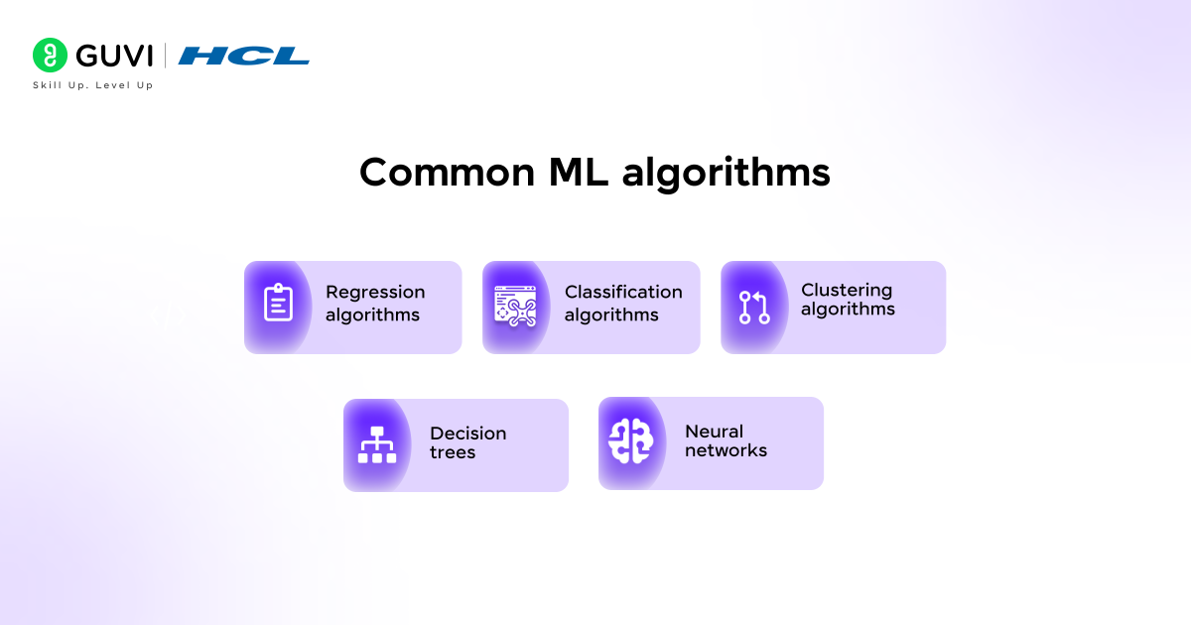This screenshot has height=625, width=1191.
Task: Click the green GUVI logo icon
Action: point(49,56)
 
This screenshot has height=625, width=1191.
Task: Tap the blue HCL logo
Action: point(243,56)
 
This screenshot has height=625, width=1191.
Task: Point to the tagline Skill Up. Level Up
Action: point(93,85)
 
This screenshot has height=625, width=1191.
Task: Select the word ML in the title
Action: point(579,173)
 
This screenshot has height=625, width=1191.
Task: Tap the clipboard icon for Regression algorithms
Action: point(278,304)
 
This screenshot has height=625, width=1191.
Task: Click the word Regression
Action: point(375,292)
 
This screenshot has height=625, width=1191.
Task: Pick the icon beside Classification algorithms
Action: point(515,306)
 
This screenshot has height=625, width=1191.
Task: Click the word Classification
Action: point(623,292)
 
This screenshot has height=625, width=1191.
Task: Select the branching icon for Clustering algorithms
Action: point(754,308)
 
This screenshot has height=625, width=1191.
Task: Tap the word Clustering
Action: point(847,290)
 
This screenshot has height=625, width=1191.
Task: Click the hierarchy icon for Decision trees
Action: point(377,444)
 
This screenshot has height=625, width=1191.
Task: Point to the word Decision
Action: point(467,434)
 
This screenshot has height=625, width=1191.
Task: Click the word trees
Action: point(453,452)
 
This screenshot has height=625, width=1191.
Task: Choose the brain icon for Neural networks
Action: point(631,441)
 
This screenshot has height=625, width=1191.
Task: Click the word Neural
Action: point(714,432)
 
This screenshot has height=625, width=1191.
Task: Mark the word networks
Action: point(726,450)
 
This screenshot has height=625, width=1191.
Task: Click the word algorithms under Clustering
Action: point(848,310)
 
